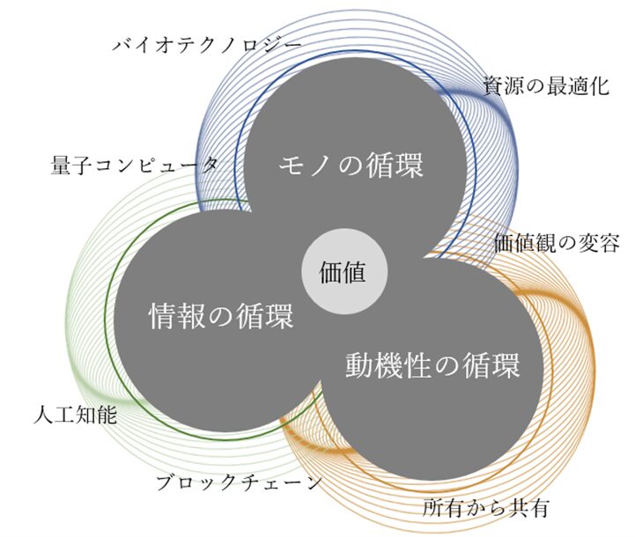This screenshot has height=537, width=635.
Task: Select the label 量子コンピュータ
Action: click(136, 165)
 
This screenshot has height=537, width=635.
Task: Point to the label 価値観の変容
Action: click(557, 242)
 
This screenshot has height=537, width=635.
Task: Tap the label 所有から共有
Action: click(486, 508)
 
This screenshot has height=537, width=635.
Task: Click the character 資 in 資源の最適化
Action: click(492, 85)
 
